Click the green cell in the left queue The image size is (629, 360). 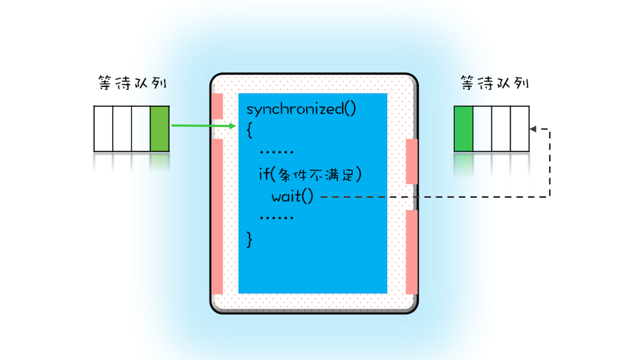click(159, 128)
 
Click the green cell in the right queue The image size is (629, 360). click(463, 128)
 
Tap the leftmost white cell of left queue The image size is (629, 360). click(103, 128)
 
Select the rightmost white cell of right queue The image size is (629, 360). click(519, 128)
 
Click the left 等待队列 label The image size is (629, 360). click(131, 84)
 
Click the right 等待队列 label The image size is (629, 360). click(495, 83)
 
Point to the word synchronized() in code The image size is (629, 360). click(301, 108)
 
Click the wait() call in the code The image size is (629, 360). click(292, 196)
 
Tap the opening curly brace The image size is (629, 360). click(250, 130)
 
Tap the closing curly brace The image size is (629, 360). click(250, 239)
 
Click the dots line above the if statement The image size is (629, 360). click(276, 152)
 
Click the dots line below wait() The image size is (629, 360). click(276, 218)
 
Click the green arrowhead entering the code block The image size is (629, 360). click(232, 126)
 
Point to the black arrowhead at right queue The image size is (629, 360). click(533, 129)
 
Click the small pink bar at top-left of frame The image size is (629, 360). click(217, 106)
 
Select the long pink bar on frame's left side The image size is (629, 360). click(217, 216)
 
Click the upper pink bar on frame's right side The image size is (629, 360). click(411, 161)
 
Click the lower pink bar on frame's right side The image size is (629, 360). click(411, 252)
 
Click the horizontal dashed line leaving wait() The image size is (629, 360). click(430, 197)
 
